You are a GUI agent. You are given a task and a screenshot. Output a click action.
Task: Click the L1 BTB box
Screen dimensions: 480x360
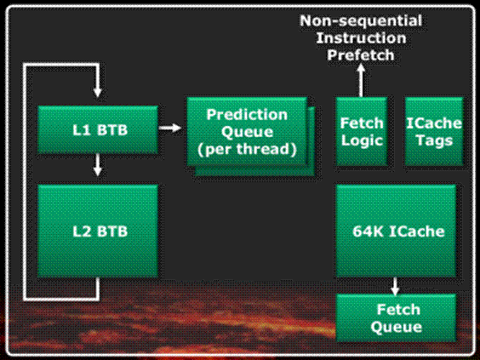(x=98, y=129)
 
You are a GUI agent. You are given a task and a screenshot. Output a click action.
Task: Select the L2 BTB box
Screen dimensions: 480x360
(x=98, y=231)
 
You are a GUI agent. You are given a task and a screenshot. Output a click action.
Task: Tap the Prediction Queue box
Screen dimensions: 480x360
(x=247, y=132)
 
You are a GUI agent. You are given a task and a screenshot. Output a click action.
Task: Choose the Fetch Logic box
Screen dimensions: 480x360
(x=362, y=132)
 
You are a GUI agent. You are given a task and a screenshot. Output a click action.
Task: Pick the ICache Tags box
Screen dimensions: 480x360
(x=434, y=132)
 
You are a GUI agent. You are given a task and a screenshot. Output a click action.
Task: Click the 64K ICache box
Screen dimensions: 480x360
(x=396, y=231)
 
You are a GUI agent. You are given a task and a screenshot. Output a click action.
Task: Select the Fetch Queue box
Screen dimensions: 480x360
(x=396, y=317)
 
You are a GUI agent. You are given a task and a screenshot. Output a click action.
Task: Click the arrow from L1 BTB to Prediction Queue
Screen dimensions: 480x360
(x=170, y=128)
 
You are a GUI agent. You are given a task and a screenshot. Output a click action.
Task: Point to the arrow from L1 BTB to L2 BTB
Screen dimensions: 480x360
(x=97, y=165)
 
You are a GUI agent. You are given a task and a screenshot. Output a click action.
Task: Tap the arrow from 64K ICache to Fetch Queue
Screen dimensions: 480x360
(x=395, y=286)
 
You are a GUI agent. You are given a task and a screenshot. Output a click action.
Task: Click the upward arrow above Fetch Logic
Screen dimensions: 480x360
(x=361, y=80)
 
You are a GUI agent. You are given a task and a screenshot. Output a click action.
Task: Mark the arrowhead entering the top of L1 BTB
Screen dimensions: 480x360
(x=97, y=92)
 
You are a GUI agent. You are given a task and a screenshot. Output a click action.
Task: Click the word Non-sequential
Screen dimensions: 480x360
(x=361, y=20)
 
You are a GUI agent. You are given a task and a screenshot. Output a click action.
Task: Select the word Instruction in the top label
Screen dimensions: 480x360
(x=361, y=38)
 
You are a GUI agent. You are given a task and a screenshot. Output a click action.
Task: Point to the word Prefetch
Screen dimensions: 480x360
(x=361, y=55)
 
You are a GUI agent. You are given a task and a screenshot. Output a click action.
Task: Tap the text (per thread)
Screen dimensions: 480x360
(x=247, y=149)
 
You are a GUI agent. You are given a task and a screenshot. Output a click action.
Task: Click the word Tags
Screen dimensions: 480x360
(x=434, y=140)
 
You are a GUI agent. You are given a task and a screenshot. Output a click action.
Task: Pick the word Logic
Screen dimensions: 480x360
(x=362, y=140)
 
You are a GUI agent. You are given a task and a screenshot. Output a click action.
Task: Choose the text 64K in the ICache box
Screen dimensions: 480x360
(x=368, y=231)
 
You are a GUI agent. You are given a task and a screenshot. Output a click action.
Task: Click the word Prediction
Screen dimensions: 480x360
(x=247, y=115)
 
